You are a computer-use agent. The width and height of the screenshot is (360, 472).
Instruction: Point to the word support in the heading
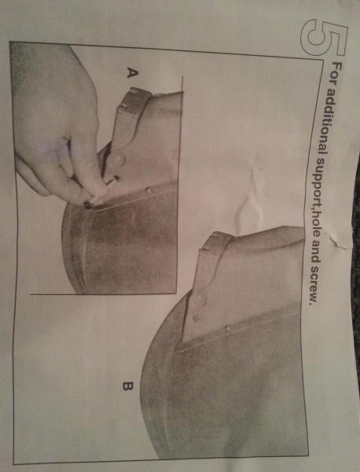pyautogui.click(x=320, y=182)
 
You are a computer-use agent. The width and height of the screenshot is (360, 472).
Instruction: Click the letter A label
pyautogui.click(x=132, y=72)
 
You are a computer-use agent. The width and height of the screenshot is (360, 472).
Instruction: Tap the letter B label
pyautogui.click(x=128, y=386)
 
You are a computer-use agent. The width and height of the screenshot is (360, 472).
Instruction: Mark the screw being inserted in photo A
pyautogui.click(x=112, y=180)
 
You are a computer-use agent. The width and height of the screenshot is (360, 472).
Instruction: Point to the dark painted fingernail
pyautogui.click(x=88, y=205)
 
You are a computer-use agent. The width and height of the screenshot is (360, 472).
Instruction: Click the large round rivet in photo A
pyautogui.click(x=119, y=158)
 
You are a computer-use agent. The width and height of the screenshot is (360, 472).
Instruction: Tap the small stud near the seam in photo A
pyautogui.click(x=148, y=190)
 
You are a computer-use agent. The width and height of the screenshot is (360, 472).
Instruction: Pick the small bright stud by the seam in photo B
pyautogui.click(x=228, y=328)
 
